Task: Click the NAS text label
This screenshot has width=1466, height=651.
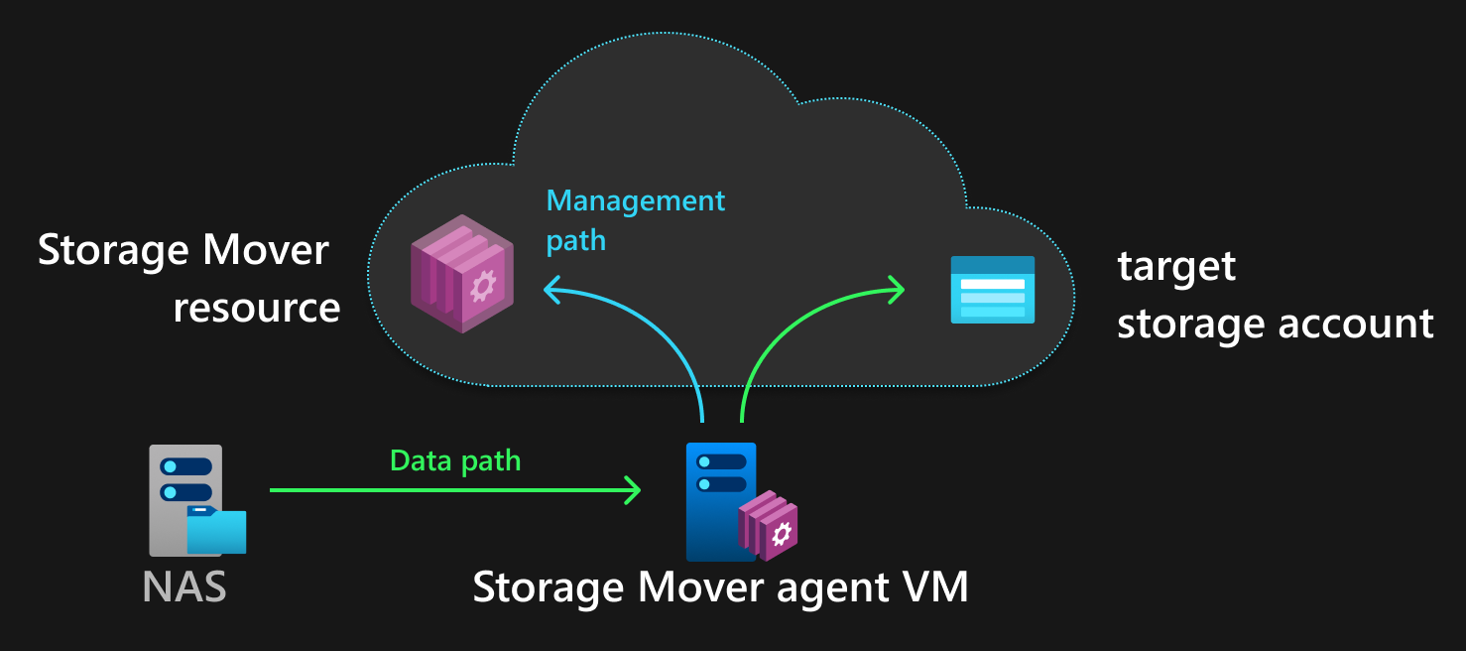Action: click(x=184, y=586)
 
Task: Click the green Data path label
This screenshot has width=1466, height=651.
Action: click(x=455, y=460)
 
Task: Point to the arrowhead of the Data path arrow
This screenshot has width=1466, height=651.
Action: click(x=633, y=489)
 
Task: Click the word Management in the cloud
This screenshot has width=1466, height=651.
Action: click(x=636, y=201)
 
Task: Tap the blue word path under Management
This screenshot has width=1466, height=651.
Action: click(x=575, y=240)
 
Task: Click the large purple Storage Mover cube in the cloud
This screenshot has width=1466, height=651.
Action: click(x=461, y=273)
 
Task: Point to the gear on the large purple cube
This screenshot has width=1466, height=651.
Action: click(x=483, y=286)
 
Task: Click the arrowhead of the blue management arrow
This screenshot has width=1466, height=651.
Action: click(x=550, y=290)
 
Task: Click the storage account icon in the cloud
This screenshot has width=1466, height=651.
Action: click(x=992, y=289)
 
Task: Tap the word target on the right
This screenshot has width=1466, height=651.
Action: click(x=1176, y=266)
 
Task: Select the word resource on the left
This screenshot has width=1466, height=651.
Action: click(x=257, y=308)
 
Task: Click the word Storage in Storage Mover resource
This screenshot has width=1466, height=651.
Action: click(x=109, y=250)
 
